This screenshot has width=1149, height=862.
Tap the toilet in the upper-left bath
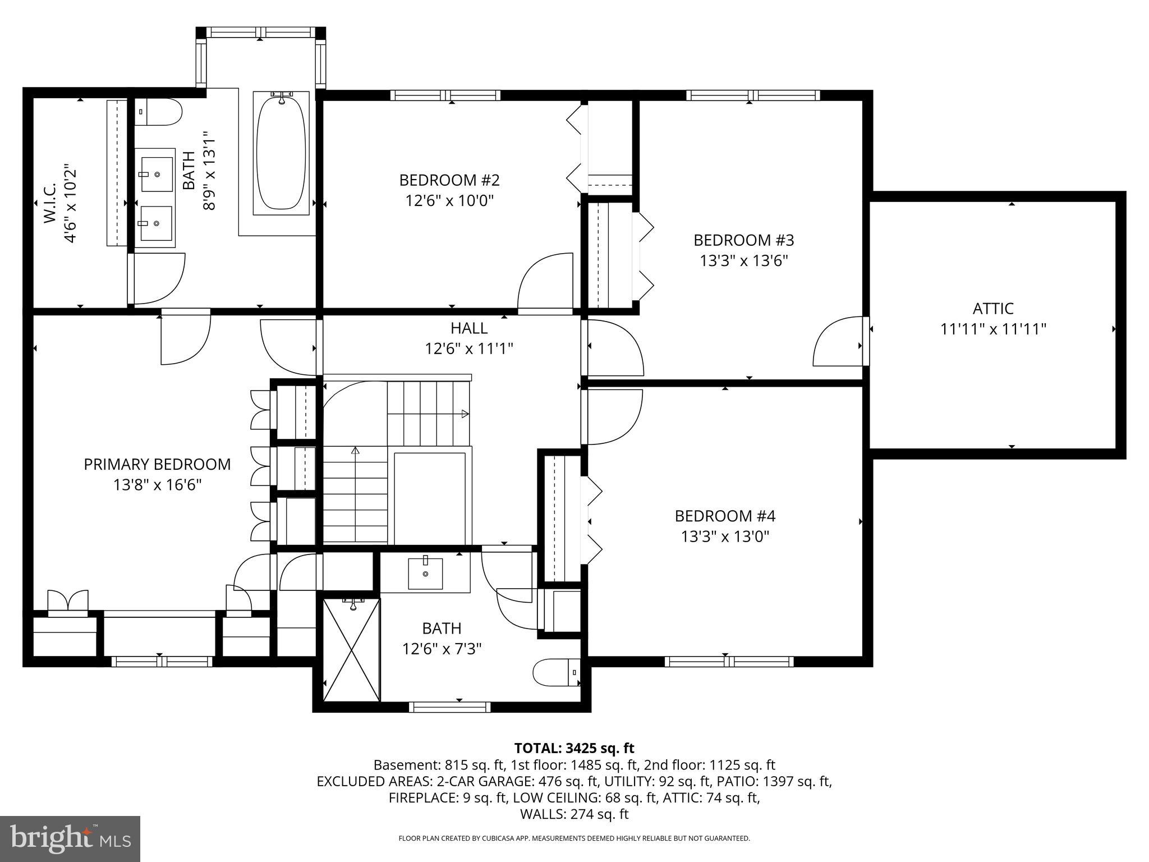pyautogui.click(x=159, y=113)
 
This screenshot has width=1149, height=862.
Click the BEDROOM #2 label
pyautogui.click(x=449, y=180)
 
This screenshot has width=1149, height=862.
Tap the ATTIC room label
pyautogui.click(x=993, y=309)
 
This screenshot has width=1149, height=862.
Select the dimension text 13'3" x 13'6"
pyautogui.click(x=744, y=261)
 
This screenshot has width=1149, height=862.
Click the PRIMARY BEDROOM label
pyautogui.click(x=157, y=464)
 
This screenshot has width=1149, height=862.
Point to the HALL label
pyautogui.click(x=469, y=328)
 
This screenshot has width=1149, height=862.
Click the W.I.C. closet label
pyautogui.click(x=50, y=202)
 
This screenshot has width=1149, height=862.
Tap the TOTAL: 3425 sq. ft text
pyautogui.click(x=574, y=748)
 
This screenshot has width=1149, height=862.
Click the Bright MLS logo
pyautogui.click(x=70, y=838)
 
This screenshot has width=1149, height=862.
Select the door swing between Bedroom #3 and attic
pyautogui.click(x=836, y=342)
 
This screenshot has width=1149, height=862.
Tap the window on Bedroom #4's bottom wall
pyautogui.click(x=729, y=662)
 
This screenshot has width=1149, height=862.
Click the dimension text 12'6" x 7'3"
pyautogui.click(x=442, y=649)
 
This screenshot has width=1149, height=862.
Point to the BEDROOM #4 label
pyautogui.click(x=725, y=516)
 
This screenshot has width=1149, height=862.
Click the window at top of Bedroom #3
pyautogui.click(x=752, y=95)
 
